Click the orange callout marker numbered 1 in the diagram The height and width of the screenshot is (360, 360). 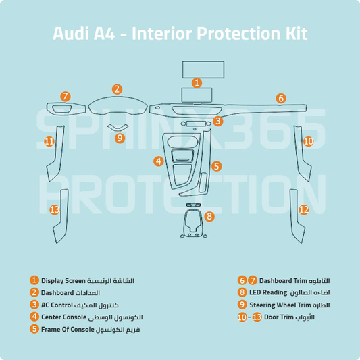point(197,82)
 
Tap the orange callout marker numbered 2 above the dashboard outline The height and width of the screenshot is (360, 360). point(117,88)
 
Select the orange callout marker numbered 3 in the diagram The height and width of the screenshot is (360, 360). point(217,122)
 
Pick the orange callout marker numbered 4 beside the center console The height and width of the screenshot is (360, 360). point(158,161)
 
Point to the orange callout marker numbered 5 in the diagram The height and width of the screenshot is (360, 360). point(216,165)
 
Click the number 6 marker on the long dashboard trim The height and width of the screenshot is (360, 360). point(280,99)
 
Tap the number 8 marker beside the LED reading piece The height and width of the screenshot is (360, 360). point(209,217)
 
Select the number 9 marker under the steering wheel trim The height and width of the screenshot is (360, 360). point(120,138)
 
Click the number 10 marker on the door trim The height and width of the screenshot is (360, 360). point(308,141)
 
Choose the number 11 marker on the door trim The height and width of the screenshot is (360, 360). point(49,141)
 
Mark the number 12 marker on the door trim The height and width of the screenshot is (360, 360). point(304,210)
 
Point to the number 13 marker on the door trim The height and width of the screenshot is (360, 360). point(55,210)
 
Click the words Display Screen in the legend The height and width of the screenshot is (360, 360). point(63,281)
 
